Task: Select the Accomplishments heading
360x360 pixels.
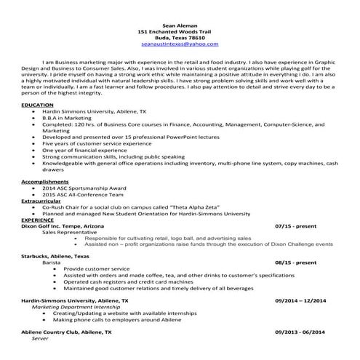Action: coord(46,180)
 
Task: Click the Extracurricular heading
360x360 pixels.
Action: coord(44,199)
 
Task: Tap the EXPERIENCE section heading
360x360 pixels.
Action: coord(38,219)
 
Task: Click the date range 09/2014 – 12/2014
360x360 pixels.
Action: coord(300,300)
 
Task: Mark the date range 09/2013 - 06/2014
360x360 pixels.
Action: coord(301,332)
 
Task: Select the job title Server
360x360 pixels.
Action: coord(40,338)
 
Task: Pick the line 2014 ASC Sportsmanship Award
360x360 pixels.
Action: coord(84,187)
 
